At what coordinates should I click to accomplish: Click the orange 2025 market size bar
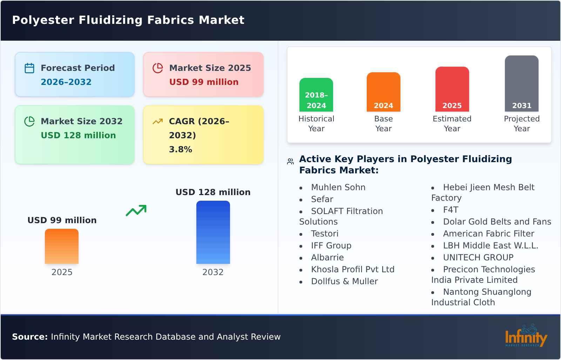(x=62, y=246)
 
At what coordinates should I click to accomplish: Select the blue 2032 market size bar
(x=213, y=232)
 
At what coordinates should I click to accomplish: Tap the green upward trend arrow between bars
(x=136, y=211)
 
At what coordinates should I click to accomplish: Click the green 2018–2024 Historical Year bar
(x=316, y=95)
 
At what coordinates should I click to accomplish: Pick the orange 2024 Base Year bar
(x=383, y=92)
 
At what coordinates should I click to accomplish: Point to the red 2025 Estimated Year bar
(x=452, y=89)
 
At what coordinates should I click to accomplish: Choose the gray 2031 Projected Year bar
(x=521, y=84)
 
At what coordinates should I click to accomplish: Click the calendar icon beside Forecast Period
(x=29, y=68)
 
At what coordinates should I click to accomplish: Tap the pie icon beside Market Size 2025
(x=158, y=68)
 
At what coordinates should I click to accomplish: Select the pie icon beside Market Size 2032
(x=29, y=121)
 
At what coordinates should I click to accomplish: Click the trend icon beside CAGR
(x=157, y=121)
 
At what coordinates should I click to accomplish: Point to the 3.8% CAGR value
(x=180, y=149)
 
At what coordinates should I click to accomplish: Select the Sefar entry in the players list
(x=322, y=199)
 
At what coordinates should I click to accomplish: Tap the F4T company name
(x=451, y=210)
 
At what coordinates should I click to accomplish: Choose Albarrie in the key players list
(x=327, y=258)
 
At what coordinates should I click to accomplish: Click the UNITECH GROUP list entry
(x=478, y=258)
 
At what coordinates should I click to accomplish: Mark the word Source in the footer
(x=29, y=337)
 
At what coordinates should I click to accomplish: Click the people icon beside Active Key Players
(x=290, y=161)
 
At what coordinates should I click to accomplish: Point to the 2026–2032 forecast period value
(x=66, y=82)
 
